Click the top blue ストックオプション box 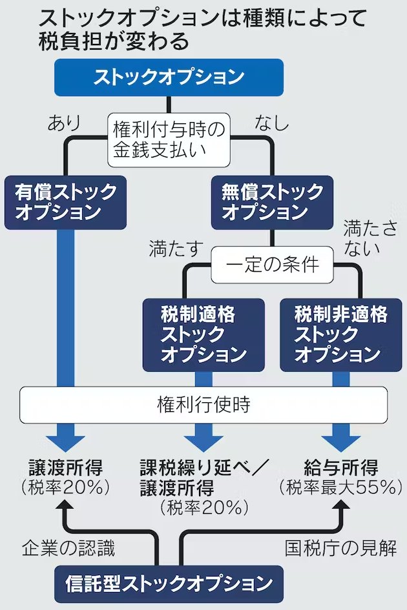coord(169,77)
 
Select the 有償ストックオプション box coord(66,202)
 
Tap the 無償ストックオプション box coord(272,202)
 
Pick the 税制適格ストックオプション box coord(203,334)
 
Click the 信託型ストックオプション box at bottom coord(169,584)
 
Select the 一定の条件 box coord(271,265)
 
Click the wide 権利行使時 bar coord(203,405)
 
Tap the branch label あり coord(63,123)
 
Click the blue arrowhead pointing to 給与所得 coord(341,443)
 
